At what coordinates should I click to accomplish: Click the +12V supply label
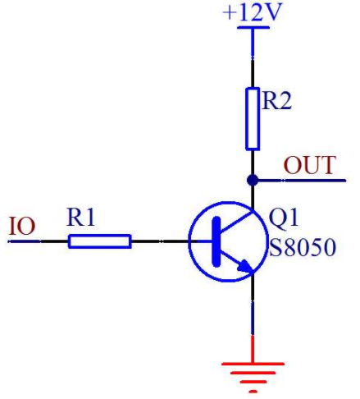pos(252,12)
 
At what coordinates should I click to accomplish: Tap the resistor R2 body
pos(253,119)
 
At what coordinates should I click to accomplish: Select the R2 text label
pos(276,100)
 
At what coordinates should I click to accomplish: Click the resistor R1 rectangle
pos(100,241)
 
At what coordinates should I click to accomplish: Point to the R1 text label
pos(80,218)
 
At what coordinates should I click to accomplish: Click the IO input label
pos(22,226)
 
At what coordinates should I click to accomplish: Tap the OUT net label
pos(309,165)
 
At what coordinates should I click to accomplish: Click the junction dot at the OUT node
pos(253,180)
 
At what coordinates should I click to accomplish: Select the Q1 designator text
pos(284,218)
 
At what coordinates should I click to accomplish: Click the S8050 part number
pos(303,247)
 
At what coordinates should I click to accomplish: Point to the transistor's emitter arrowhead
pos(245,266)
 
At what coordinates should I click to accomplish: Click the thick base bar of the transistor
pos(216,241)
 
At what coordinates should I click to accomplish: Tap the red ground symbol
pos(253,365)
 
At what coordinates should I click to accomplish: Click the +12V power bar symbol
pos(253,27)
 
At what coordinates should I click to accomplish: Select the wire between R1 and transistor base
pos(160,241)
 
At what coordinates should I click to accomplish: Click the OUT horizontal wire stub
pos(299,181)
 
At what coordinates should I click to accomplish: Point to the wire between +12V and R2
pos(253,58)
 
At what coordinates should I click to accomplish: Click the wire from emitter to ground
pos(253,305)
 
